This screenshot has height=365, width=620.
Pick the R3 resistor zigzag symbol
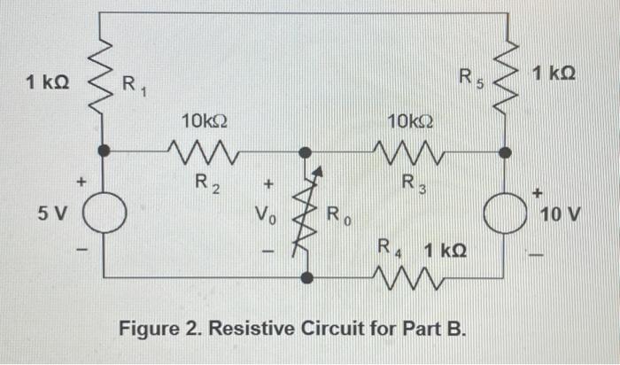click(409, 153)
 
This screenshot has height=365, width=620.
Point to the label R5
click(470, 77)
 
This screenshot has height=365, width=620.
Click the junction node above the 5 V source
click(105, 152)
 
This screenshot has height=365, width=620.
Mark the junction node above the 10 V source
click(506, 152)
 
